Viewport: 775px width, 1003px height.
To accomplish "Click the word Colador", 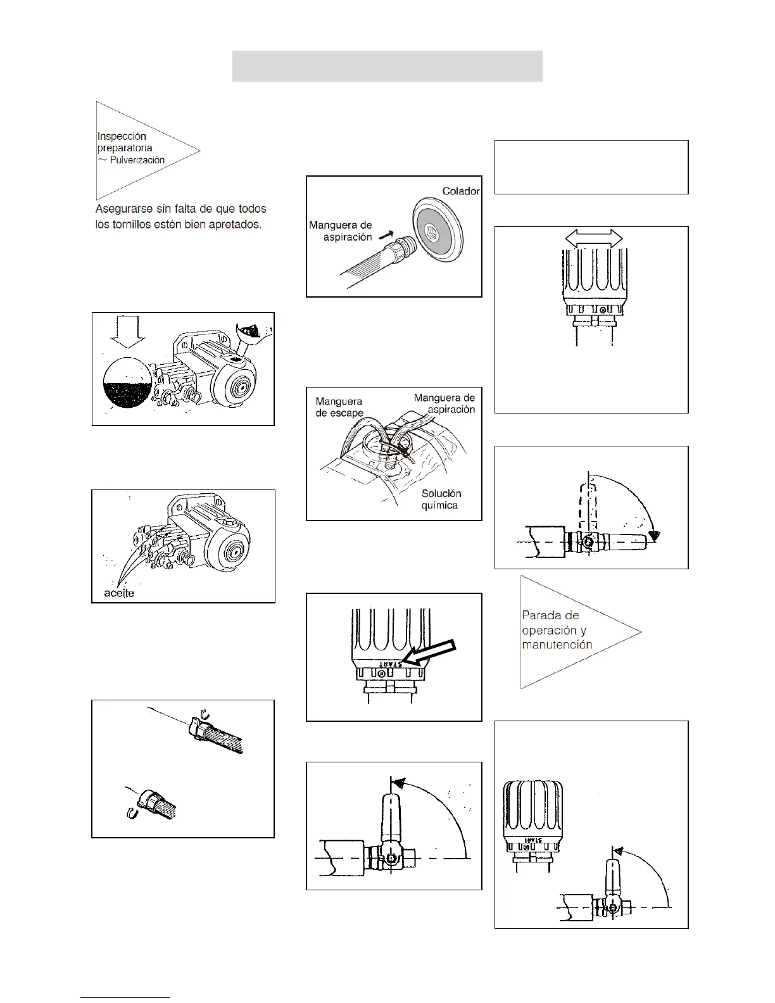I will click(461, 191).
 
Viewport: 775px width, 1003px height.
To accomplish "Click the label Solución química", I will click(441, 499).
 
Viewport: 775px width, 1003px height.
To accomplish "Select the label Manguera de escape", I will click(339, 407).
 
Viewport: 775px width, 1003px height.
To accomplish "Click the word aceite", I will click(120, 593).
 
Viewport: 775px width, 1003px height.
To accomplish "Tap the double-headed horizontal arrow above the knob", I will click(594, 238).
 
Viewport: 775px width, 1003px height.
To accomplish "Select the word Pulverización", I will click(137, 160).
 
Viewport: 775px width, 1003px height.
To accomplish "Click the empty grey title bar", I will click(387, 66).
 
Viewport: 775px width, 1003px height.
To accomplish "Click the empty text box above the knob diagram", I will click(591, 167).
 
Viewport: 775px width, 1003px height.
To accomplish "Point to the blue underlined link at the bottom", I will click(125, 997).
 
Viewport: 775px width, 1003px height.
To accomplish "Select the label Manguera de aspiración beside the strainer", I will click(341, 231).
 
